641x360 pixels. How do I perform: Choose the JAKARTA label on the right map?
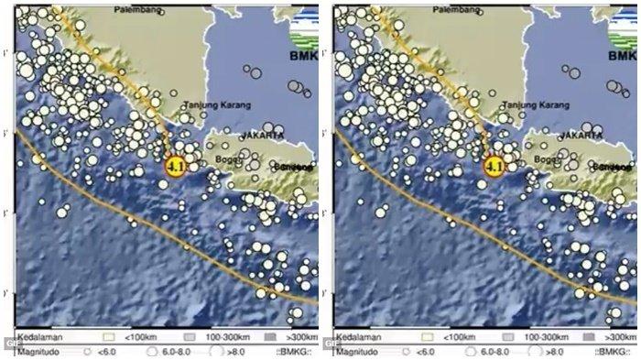582,136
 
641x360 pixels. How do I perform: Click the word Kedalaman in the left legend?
34,339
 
